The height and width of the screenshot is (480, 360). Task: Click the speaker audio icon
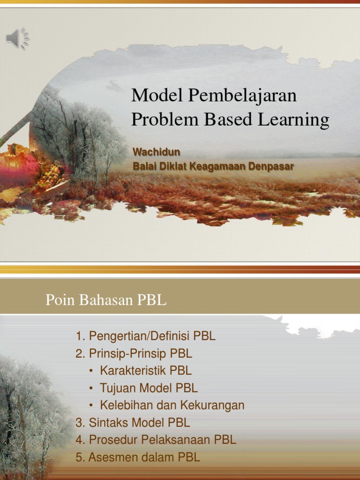17,38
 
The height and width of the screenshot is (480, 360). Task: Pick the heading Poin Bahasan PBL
106,300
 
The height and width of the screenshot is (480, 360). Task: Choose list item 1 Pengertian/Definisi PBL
145,336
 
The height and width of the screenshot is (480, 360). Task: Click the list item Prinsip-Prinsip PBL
134,353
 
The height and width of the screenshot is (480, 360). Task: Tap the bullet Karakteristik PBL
145,370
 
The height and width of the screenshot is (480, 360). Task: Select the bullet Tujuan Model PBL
149,388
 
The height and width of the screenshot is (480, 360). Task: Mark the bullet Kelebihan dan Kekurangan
172,405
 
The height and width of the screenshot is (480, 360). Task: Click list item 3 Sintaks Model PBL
133,422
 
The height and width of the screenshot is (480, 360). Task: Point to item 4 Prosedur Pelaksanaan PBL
156,440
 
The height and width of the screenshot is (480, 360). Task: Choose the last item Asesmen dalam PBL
138,457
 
